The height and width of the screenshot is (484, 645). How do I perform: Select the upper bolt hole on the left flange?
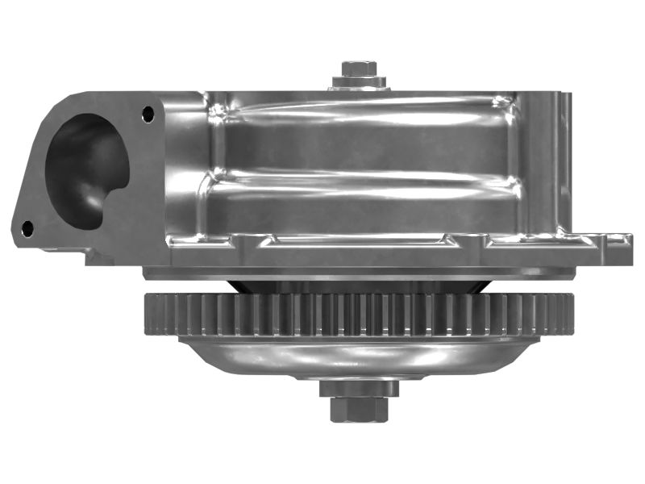pos(148,115)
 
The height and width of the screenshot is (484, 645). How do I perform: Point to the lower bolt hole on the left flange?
pos(27,228)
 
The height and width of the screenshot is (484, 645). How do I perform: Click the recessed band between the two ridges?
pos(363,149)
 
